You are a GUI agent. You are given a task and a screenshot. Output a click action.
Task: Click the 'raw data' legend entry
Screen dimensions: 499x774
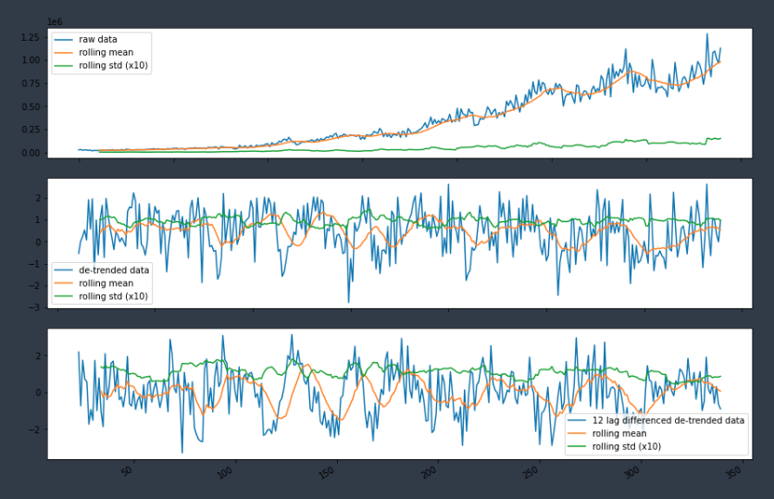click(96, 41)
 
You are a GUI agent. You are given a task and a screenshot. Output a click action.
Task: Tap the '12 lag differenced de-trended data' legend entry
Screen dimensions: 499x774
click(668, 420)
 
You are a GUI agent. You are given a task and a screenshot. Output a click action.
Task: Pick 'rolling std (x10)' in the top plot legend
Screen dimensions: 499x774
click(113, 65)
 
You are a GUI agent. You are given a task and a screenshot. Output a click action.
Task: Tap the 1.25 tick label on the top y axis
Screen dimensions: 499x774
click(30, 37)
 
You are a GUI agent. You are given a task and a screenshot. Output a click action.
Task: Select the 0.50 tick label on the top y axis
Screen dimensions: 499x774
click(30, 106)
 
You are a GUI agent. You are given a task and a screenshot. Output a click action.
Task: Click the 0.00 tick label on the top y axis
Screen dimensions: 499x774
click(30, 153)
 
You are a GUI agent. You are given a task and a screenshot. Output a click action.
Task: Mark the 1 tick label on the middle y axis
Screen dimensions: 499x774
click(38, 220)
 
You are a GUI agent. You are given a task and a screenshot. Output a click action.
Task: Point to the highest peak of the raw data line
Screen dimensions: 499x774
click(707, 34)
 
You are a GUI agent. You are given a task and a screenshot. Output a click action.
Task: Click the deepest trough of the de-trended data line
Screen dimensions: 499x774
click(349, 302)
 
